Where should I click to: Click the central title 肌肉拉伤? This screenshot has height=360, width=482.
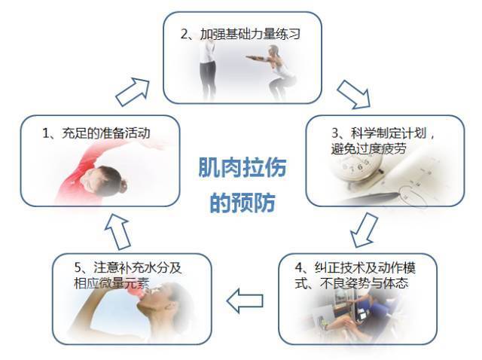click(x=243, y=167)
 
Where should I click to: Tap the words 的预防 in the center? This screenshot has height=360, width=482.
click(x=243, y=203)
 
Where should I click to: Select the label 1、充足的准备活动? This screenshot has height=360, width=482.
click(x=96, y=133)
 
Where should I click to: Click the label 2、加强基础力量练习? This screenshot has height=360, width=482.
click(x=240, y=34)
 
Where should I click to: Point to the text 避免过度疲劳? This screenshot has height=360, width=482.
click(x=368, y=148)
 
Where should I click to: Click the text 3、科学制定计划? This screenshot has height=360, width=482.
click(x=379, y=133)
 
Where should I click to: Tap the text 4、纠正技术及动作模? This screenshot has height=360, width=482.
click(x=355, y=268)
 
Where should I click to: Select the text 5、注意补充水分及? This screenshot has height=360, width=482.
click(x=128, y=268)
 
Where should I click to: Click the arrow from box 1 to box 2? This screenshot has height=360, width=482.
click(x=133, y=92)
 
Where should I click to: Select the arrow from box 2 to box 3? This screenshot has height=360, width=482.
click(x=354, y=94)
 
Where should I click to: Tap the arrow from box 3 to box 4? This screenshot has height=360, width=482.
click(x=364, y=230)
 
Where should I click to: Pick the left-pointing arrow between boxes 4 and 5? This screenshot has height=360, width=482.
click(x=245, y=301)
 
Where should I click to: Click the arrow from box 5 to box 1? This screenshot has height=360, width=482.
click(x=117, y=231)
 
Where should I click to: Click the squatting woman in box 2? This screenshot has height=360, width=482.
click(x=275, y=72)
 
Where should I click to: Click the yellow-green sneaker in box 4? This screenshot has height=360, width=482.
click(x=324, y=323)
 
